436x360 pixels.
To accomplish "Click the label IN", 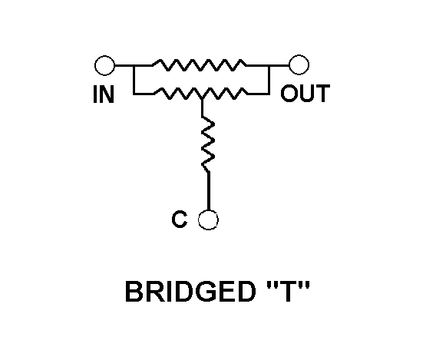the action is (104, 94).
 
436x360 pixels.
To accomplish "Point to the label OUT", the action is (306, 94).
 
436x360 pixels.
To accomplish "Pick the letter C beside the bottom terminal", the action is (180, 219).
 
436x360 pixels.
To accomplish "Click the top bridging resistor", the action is (199, 65).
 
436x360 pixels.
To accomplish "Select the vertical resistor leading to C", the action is (208, 144).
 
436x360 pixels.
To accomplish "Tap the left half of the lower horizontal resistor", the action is (178, 94).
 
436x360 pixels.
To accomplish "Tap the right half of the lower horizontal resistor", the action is (225, 94).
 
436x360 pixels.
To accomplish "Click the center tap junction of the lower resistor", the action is (202, 99).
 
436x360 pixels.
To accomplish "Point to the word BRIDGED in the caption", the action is (190, 292).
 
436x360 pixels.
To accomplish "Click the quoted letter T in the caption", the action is (288, 291).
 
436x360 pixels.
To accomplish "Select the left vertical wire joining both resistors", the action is (134, 80).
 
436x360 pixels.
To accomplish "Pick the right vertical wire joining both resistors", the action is (269, 80).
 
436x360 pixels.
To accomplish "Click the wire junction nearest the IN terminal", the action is (134, 65).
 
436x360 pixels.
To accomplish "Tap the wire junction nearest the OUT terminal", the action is (269, 65).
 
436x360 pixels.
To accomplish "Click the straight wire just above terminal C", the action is (208, 190).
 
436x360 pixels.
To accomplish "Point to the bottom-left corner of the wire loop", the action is (134, 94).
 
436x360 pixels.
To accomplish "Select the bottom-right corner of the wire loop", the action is (269, 94).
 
